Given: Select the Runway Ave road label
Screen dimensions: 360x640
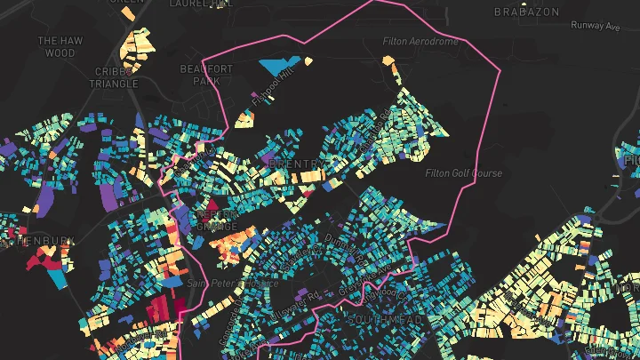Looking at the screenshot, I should tap(595, 26).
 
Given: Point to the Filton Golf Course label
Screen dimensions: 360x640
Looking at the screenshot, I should tap(463, 173).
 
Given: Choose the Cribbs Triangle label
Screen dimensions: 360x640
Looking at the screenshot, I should tap(114, 76).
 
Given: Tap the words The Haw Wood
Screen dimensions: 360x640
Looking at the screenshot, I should tap(60, 47).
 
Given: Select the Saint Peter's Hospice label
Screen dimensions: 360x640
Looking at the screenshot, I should tap(233, 284).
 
